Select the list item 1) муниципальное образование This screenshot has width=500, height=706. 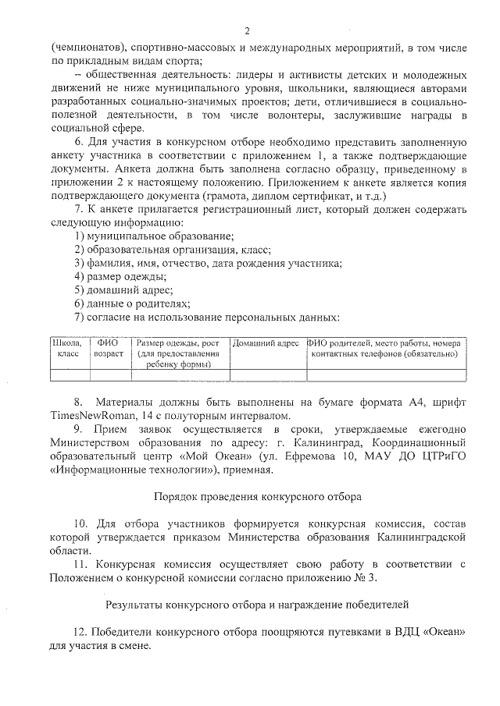(x=154, y=236)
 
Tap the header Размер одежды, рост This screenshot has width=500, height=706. (x=177, y=342)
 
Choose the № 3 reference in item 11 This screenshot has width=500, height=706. (x=362, y=577)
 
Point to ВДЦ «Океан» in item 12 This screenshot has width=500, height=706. (x=427, y=632)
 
